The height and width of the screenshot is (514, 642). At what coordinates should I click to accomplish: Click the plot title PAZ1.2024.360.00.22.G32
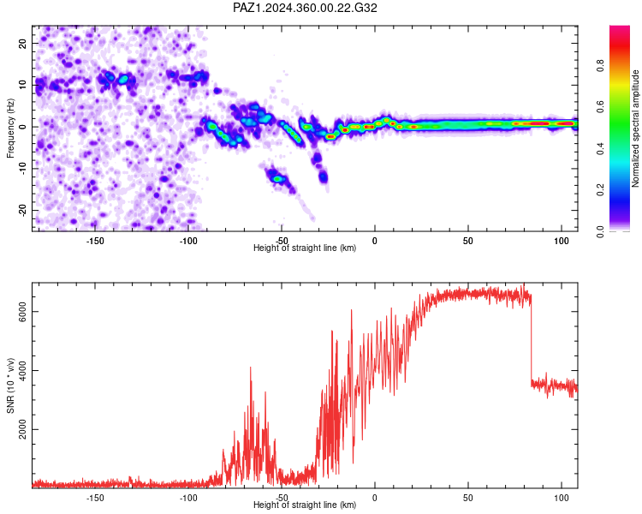pyautogui.click(x=305, y=8)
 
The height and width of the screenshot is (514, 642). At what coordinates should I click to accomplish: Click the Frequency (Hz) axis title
pyautogui.click(x=10, y=128)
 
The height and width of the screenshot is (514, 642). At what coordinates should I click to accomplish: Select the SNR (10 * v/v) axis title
pyautogui.click(x=10, y=385)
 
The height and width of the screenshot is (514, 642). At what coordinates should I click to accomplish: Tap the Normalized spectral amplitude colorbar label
pyautogui.click(x=635, y=128)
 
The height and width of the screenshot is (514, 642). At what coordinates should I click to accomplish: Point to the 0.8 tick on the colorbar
pyautogui.click(x=600, y=66)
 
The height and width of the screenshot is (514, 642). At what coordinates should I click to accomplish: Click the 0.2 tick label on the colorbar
pyautogui.click(x=600, y=190)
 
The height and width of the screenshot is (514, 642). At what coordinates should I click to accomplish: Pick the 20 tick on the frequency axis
pyautogui.click(x=22, y=43)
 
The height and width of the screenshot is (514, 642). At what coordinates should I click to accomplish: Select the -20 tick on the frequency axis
pyautogui.click(x=22, y=210)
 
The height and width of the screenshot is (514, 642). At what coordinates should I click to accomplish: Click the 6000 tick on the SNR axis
pyautogui.click(x=22, y=312)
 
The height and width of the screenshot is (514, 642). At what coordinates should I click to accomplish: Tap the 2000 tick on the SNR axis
pyautogui.click(x=22, y=429)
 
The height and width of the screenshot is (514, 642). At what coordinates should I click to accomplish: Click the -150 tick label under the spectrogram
pyautogui.click(x=94, y=241)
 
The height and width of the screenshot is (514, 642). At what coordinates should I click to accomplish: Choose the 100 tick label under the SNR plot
pyautogui.click(x=562, y=498)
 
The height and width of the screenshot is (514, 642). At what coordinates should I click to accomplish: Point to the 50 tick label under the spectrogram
pyautogui.click(x=468, y=241)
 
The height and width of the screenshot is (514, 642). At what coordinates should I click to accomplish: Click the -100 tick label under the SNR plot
pyautogui.click(x=188, y=498)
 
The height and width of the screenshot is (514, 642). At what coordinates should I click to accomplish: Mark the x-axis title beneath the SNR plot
pyautogui.click(x=305, y=505)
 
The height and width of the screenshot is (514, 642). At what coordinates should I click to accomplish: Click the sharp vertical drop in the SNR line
pyautogui.click(x=531, y=340)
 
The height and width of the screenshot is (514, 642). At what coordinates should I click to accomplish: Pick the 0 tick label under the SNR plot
pyautogui.click(x=375, y=498)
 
